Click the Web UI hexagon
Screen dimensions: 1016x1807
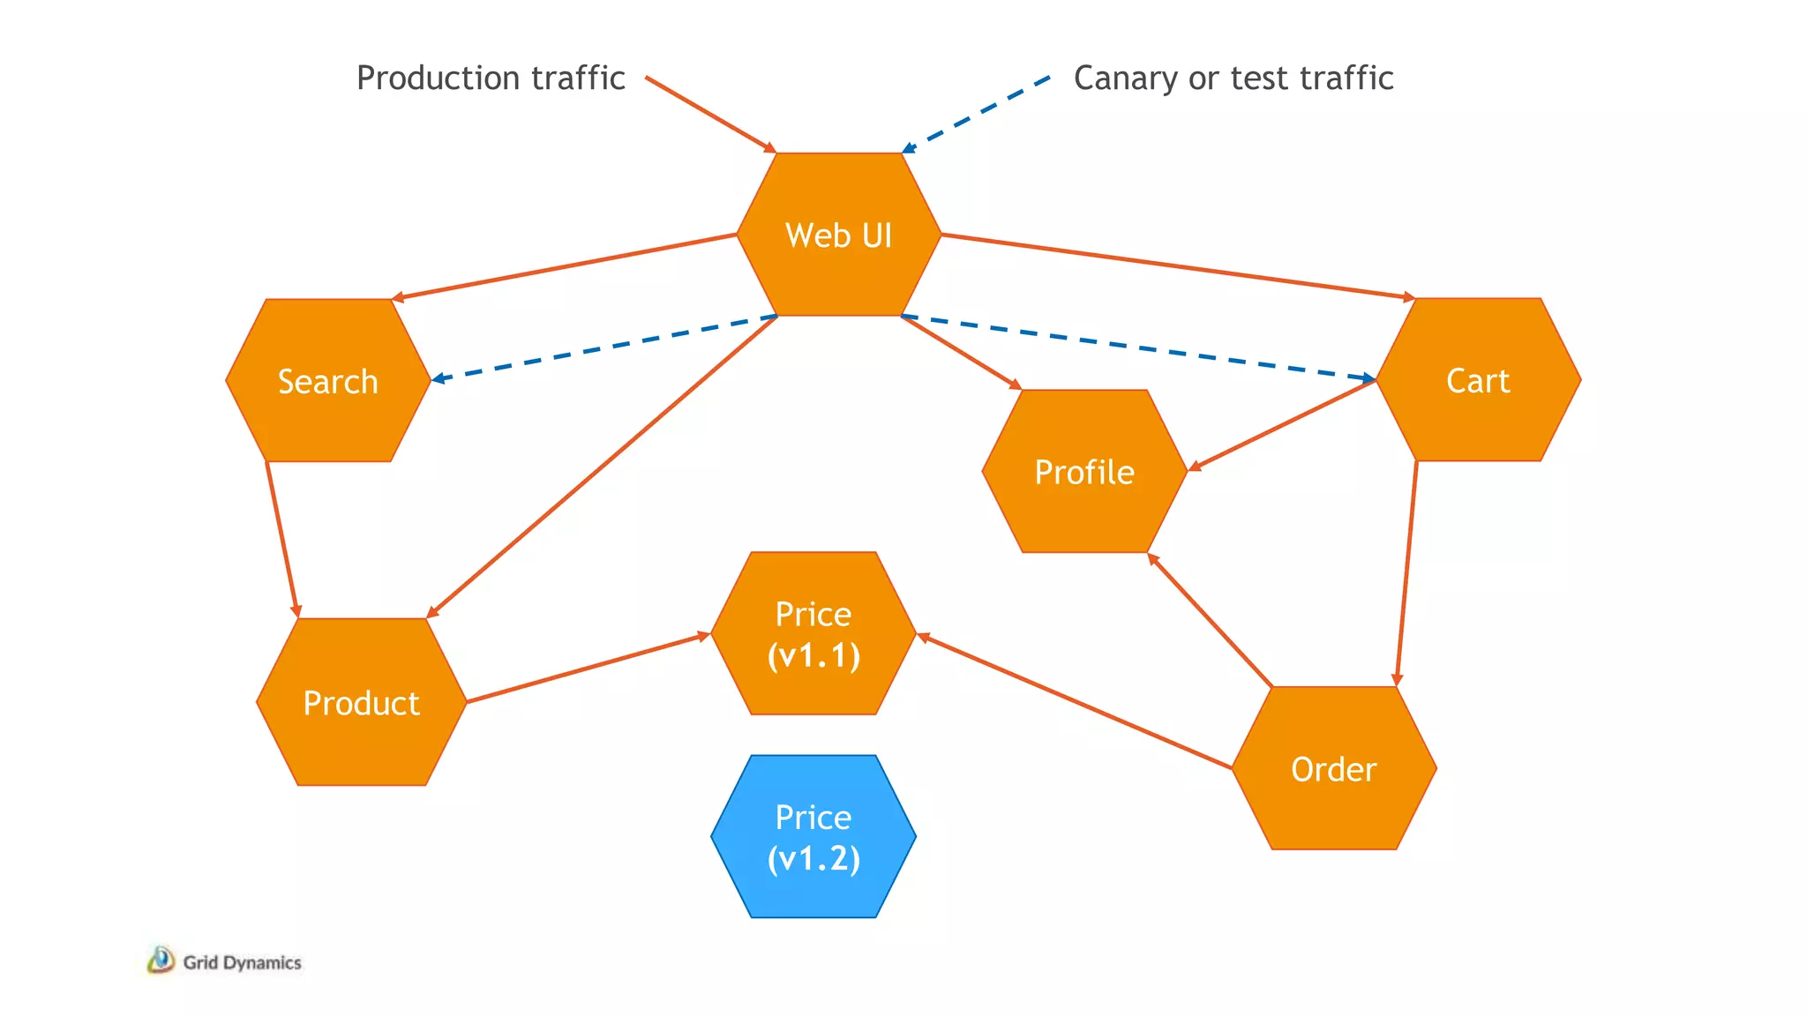838,235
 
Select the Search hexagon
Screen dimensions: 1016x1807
327,381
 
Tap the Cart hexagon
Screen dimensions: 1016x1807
1478,380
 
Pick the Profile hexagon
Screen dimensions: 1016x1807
1084,472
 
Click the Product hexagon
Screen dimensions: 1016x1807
361,703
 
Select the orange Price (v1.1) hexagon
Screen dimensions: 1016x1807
813,634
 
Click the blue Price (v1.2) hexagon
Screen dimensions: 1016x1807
813,837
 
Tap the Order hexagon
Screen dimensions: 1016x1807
1333,769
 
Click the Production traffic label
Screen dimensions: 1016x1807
491,78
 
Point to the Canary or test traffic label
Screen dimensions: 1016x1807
1233,78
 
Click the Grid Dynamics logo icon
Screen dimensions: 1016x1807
161,960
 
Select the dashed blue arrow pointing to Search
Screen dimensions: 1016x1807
604,347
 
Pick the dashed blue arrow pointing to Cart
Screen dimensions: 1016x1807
1138,347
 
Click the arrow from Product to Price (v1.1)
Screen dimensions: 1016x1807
587,669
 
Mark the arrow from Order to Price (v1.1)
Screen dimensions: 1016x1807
1074,701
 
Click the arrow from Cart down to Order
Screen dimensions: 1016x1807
1406,573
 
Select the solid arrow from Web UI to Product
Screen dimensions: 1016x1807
602,467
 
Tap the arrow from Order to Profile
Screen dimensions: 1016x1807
1210,620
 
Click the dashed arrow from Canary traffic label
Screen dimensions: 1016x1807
976,115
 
